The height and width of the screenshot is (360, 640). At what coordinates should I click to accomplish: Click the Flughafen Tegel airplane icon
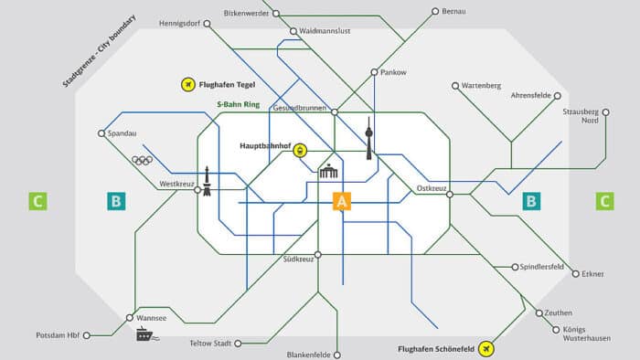[188, 85]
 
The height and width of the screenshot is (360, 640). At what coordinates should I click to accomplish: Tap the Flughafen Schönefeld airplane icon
[485, 348]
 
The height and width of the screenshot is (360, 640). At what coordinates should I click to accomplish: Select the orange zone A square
[342, 201]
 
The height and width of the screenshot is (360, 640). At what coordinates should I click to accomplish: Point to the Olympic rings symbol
[142, 161]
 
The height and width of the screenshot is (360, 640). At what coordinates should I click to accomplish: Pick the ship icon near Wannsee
[147, 334]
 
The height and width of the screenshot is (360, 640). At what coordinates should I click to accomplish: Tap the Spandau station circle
[101, 133]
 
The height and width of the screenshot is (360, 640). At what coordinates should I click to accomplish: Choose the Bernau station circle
[435, 13]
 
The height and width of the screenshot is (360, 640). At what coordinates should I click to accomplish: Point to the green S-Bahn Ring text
[238, 105]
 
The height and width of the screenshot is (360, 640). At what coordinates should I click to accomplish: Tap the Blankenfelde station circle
[337, 355]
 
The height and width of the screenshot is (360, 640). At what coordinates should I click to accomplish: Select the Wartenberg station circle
[455, 86]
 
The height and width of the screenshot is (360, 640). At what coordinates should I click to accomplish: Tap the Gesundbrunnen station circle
[335, 112]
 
